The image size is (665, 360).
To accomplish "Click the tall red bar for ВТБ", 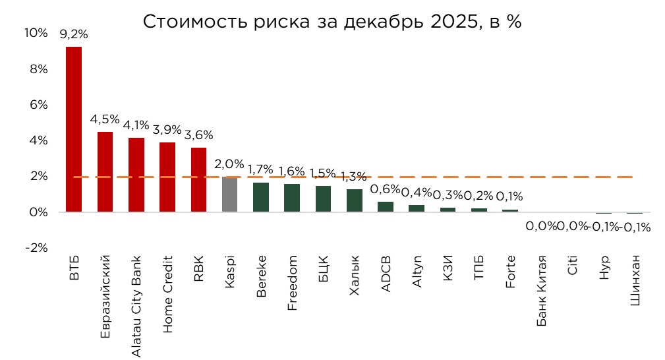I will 74,129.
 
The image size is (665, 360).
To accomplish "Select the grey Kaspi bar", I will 229,195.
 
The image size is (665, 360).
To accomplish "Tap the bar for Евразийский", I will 105,172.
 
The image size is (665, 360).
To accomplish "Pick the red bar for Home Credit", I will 167,177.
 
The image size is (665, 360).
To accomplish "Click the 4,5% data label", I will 105,119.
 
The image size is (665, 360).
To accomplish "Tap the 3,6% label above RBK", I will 198,135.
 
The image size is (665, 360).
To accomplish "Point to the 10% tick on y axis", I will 36,34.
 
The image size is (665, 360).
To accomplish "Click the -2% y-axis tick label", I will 36,248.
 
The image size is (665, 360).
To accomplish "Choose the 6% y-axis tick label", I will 38,105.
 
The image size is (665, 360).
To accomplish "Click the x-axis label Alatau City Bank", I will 136,306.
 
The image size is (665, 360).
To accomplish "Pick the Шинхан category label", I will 635,282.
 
